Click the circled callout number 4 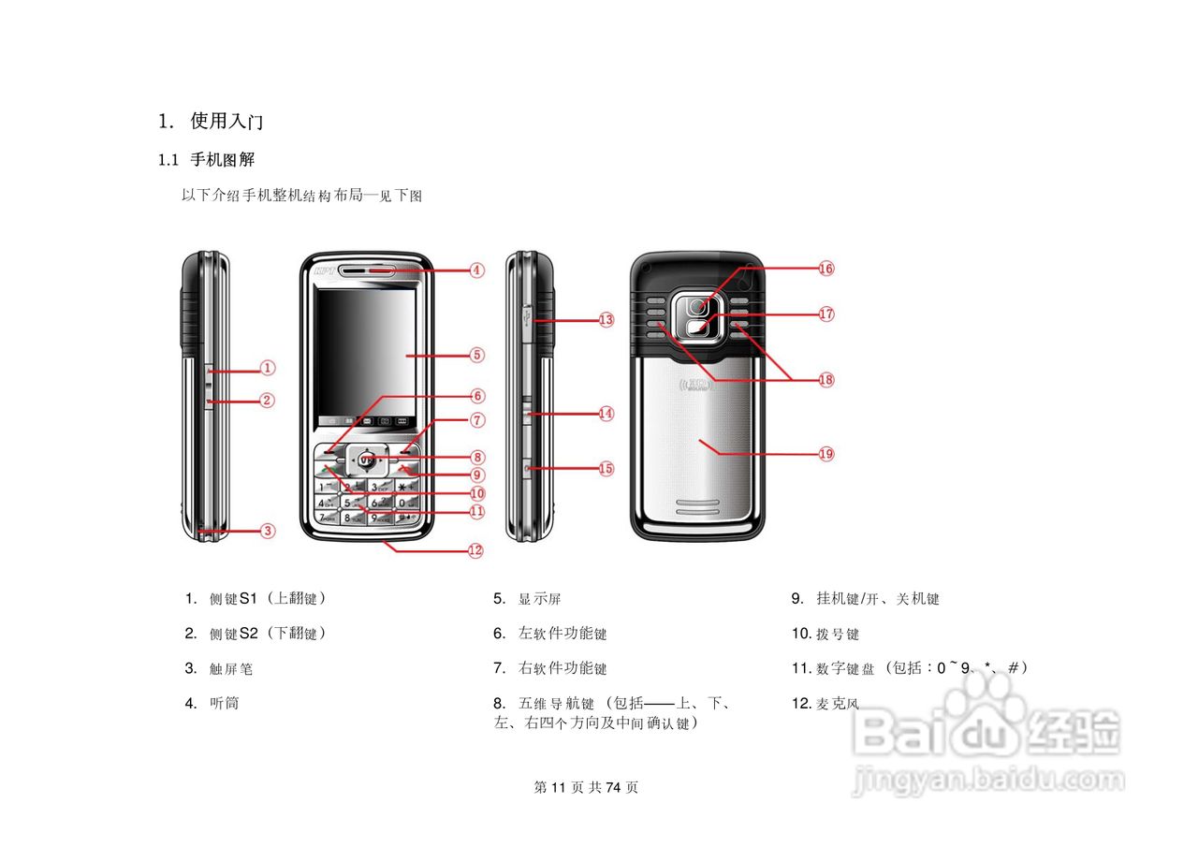click(476, 270)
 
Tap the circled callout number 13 click(606, 319)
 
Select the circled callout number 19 click(825, 454)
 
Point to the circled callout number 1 click(268, 368)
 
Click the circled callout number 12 click(475, 550)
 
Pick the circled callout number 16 click(825, 269)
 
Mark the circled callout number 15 click(606, 468)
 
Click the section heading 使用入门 click(226, 121)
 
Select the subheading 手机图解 click(223, 160)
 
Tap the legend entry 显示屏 click(540, 599)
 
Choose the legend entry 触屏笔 click(231, 669)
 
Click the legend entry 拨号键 click(838, 635)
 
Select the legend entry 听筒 click(225, 703)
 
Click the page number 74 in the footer click(614, 787)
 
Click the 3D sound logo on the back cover click(694, 384)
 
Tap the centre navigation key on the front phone click(366, 459)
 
